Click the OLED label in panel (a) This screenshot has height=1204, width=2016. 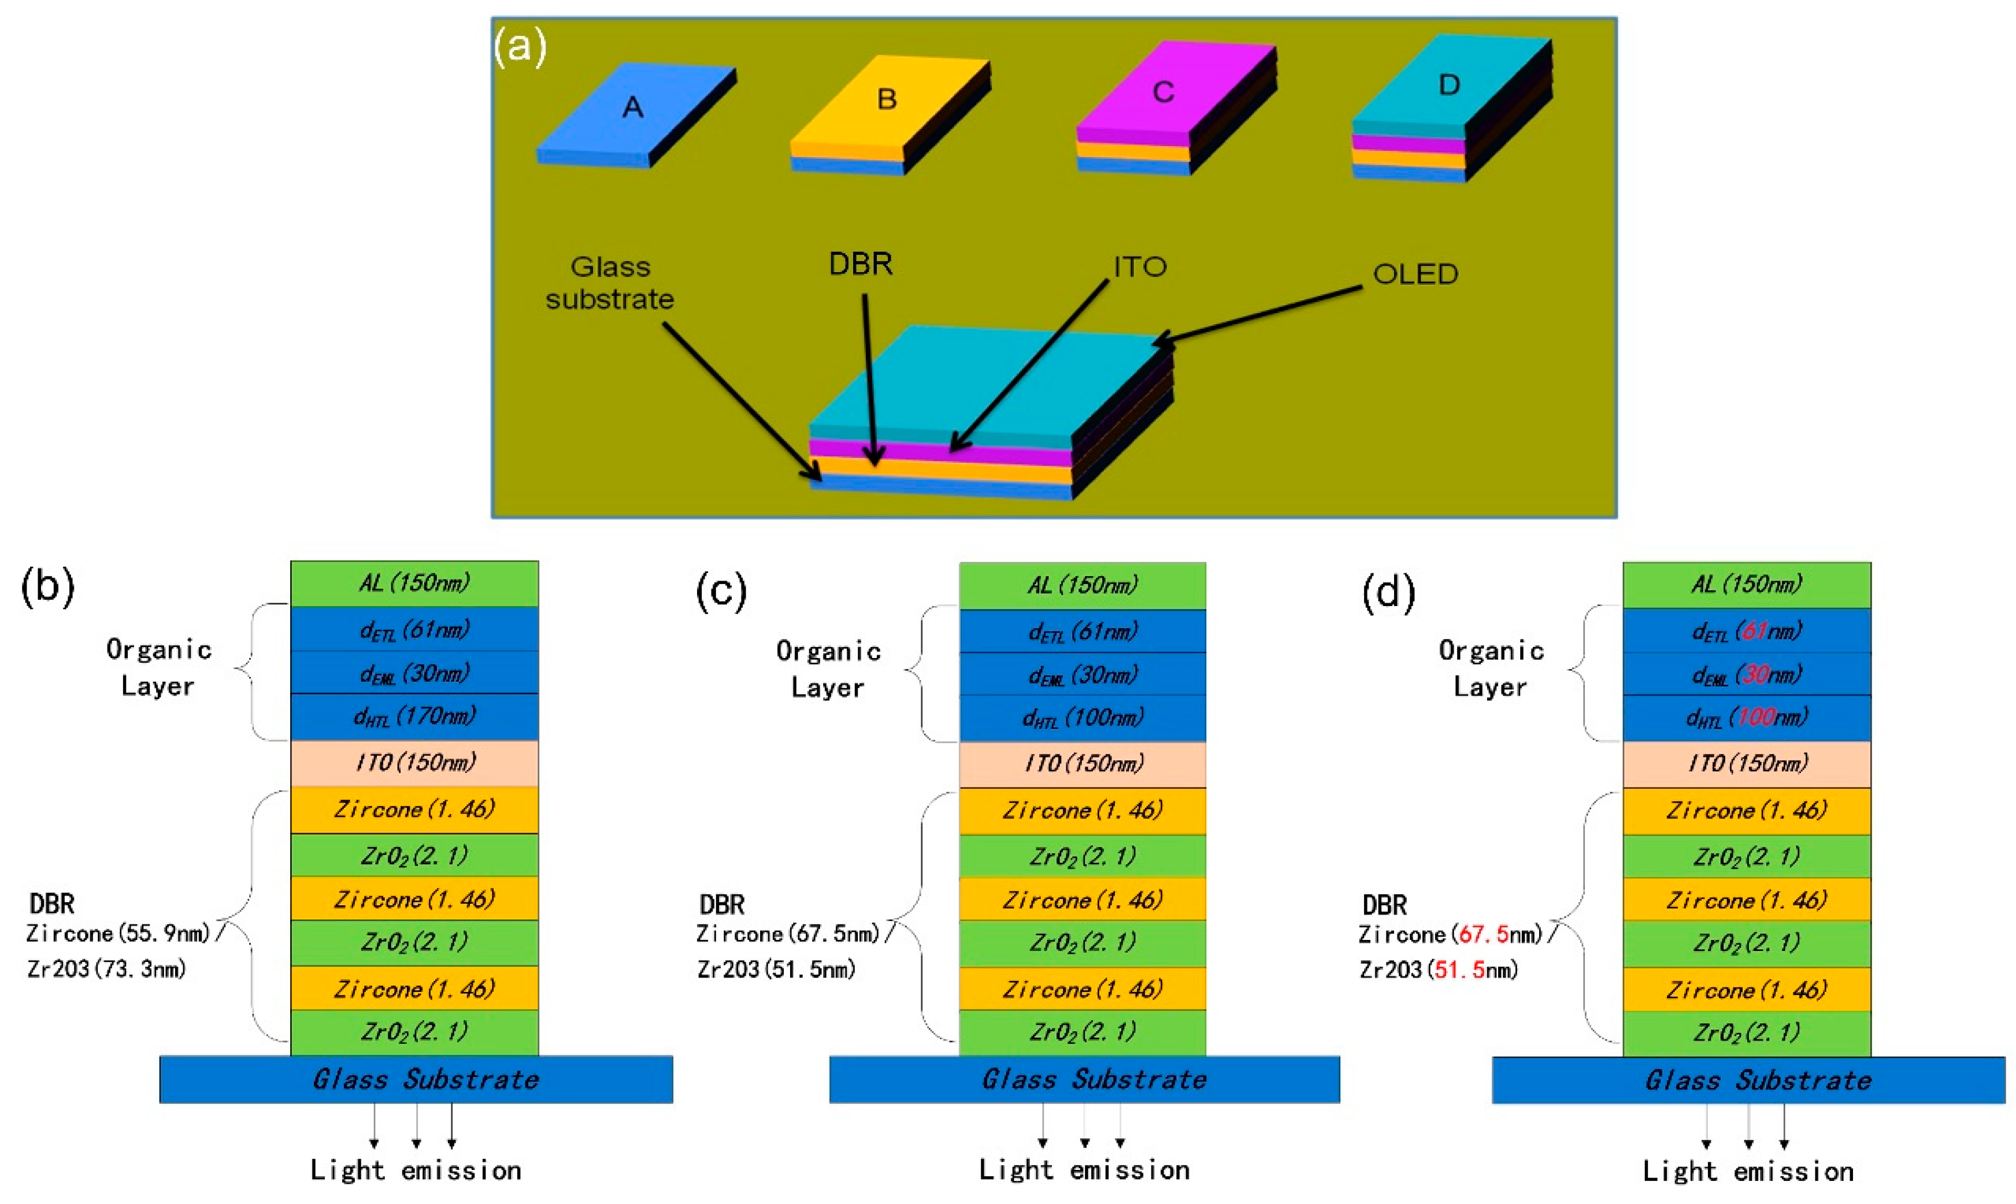[x=1414, y=274]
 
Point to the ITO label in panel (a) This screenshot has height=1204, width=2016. [x=1139, y=266]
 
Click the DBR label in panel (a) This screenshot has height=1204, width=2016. [x=860, y=263]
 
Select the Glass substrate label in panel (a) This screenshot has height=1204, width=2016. [x=610, y=283]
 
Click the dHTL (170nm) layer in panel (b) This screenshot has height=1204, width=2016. [x=414, y=716]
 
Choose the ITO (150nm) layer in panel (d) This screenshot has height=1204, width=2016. [x=1747, y=763]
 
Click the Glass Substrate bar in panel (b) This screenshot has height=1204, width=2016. [x=416, y=1079]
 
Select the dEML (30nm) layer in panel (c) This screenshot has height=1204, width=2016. [x=1082, y=674]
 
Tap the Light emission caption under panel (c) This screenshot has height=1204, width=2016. [x=1084, y=1170]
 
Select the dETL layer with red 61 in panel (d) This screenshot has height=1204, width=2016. [x=1747, y=630]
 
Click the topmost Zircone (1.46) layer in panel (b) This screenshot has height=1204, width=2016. [x=414, y=809]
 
